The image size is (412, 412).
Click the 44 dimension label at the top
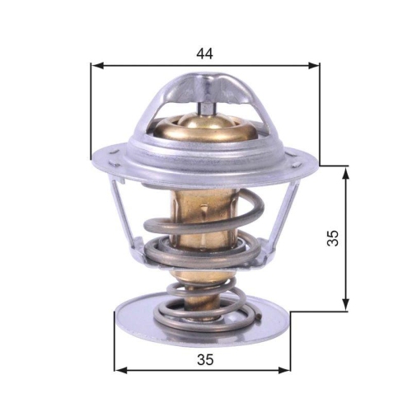click(204, 54)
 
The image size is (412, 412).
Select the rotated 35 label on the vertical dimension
click(333, 238)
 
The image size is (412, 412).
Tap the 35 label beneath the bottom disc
click(205, 358)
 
